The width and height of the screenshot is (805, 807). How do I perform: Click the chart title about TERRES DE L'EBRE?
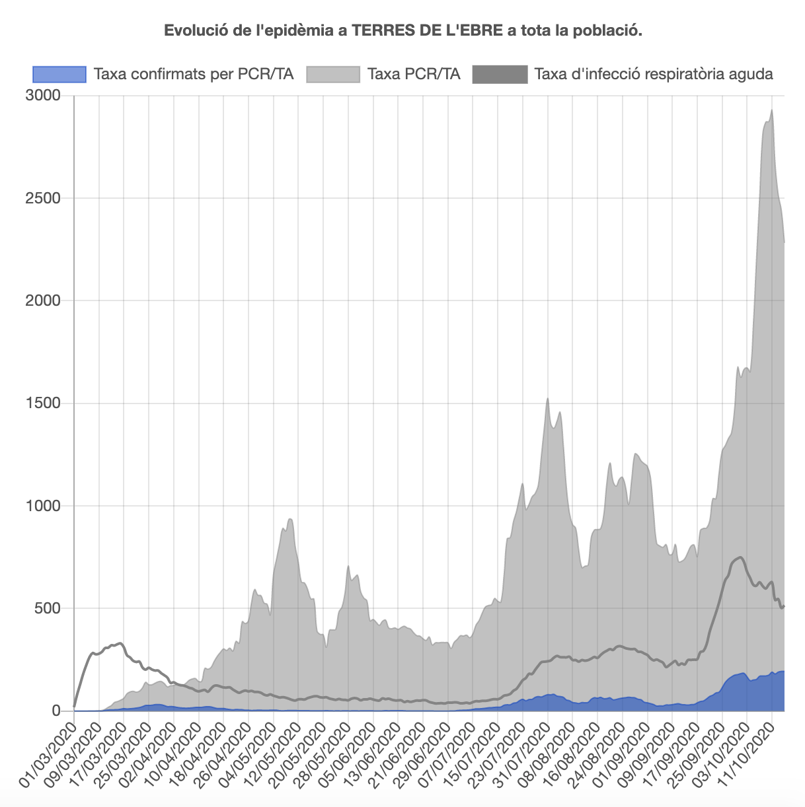click(402, 30)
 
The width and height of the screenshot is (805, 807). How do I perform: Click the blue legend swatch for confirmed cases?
click(59, 74)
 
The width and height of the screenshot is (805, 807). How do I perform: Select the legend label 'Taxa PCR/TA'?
click(414, 74)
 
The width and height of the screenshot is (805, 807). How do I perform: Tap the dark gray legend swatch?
click(500, 74)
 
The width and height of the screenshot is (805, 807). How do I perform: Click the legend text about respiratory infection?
click(653, 74)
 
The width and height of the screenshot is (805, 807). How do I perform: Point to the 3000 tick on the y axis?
click(43, 96)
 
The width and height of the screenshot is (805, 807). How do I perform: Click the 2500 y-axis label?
click(43, 198)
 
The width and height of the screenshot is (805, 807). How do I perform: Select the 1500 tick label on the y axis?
click(43, 403)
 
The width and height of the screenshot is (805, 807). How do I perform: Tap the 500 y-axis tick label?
click(47, 608)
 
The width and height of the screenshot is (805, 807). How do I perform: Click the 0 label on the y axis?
click(56, 711)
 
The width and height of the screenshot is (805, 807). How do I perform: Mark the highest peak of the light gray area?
click(772, 110)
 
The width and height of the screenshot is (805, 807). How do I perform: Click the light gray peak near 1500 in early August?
click(547, 399)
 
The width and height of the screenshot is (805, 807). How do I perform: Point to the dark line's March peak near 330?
click(120, 643)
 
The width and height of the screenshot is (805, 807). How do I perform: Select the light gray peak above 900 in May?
click(289, 519)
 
